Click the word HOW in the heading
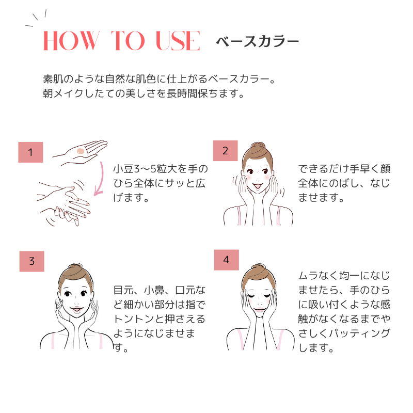click(x=71, y=40)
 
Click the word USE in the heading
click(x=178, y=40)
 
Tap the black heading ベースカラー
click(x=257, y=41)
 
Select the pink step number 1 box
click(x=30, y=152)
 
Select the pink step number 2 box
click(x=226, y=151)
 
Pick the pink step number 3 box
click(x=32, y=261)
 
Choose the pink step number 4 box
click(x=227, y=260)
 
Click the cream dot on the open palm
click(x=81, y=151)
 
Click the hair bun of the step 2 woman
click(x=258, y=146)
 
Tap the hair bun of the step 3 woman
click(x=76, y=266)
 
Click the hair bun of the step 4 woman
click(x=259, y=267)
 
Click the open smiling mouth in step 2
click(x=258, y=186)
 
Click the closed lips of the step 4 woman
click(x=260, y=309)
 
